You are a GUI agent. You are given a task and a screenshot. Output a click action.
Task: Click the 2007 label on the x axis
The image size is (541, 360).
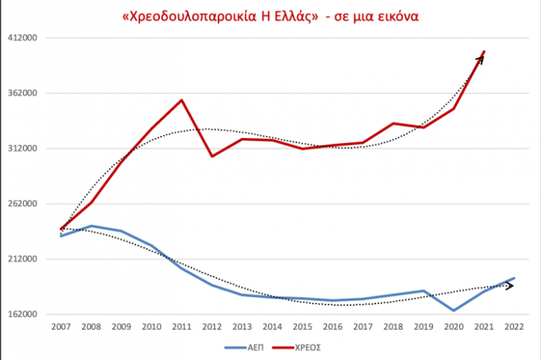[61, 327]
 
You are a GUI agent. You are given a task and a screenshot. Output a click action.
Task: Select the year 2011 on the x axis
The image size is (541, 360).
[181, 327]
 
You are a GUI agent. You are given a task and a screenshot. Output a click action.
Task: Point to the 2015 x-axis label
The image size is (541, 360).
[302, 327]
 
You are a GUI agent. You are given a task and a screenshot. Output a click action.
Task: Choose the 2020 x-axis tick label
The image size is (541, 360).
[453, 327]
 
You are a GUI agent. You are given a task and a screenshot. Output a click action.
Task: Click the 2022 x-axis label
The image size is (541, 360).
[513, 327]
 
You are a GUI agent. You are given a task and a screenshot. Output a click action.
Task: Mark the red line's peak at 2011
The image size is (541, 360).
[182, 100]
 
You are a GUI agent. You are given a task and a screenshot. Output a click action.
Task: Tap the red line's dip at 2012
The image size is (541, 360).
[212, 155]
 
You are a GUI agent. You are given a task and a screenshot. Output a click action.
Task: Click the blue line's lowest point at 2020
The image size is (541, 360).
[453, 310]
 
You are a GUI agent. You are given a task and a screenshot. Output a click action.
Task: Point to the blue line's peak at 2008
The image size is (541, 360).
[91, 226]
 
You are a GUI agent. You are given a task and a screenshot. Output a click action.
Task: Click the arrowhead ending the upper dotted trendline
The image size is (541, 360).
[481, 57]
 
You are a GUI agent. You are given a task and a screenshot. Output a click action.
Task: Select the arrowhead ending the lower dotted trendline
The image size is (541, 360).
[511, 286]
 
